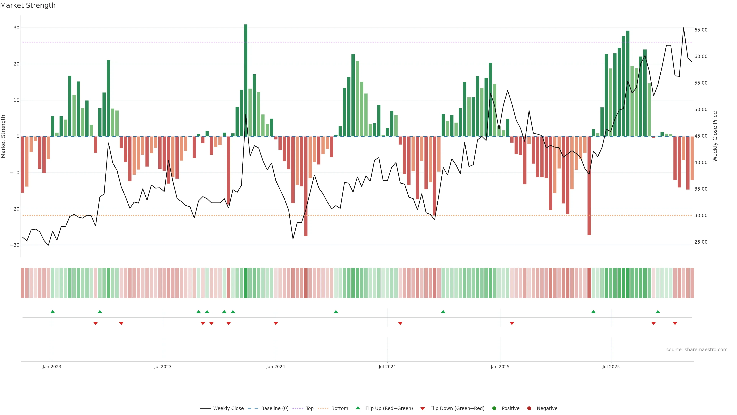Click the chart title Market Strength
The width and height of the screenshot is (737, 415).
pos(28,5)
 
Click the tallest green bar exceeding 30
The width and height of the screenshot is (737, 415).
pos(246,80)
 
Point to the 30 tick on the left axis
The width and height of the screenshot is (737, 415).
pos(16,28)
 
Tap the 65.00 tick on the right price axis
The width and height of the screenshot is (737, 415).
pos(701,30)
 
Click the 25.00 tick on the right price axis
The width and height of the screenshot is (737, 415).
pos(701,242)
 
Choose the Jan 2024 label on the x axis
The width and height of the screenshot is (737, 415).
pos(276,367)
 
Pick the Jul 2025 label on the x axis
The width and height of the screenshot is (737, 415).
pos(611,367)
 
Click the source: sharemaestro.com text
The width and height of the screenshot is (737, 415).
pos(697,350)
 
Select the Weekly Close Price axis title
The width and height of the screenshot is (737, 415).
pos(715,136)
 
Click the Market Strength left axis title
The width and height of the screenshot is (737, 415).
pos(3,136)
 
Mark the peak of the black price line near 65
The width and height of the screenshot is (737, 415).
pos(683,28)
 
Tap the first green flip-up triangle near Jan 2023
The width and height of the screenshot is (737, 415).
pos(53,312)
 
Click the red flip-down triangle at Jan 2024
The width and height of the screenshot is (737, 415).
pos(276,323)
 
